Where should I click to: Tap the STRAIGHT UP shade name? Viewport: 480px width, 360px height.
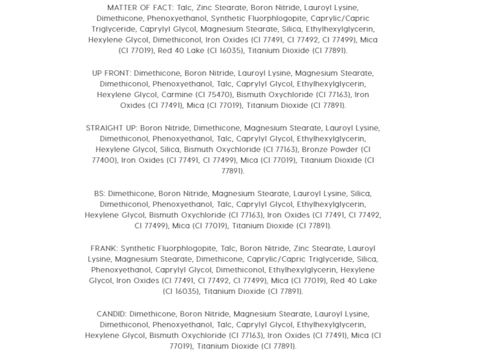tap(112, 128)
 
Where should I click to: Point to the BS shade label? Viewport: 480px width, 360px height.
tap(99, 193)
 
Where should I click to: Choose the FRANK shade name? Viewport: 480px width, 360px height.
tap(104, 248)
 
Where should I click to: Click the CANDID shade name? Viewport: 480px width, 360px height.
tap(111, 314)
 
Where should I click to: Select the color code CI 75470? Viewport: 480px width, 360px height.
tap(214, 95)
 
